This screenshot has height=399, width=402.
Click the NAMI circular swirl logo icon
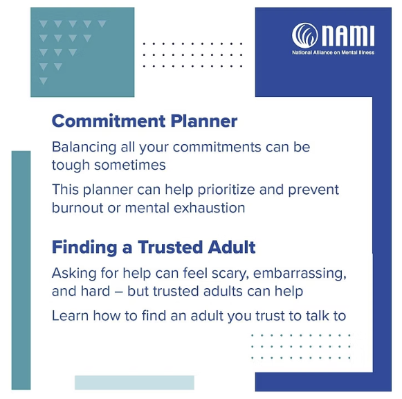(304, 35)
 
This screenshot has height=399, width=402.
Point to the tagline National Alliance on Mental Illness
(333, 53)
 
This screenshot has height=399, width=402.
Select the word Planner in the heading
(204, 121)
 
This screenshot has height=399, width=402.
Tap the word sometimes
(129, 165)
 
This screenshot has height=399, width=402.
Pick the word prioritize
(226, 190)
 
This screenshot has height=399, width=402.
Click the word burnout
(77, 208)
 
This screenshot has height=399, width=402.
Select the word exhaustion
(209, 208)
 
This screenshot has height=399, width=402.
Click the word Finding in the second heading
(84, 247)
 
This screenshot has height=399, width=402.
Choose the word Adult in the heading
(232, 247)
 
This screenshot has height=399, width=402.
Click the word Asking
(73, 274)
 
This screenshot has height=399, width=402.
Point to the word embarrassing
(300, 274)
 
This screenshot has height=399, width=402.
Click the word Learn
(70, 316)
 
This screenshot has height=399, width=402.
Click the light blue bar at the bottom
(134, 382)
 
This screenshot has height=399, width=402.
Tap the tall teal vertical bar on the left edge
(21, 270)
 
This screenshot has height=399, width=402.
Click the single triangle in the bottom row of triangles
(44, 80)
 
